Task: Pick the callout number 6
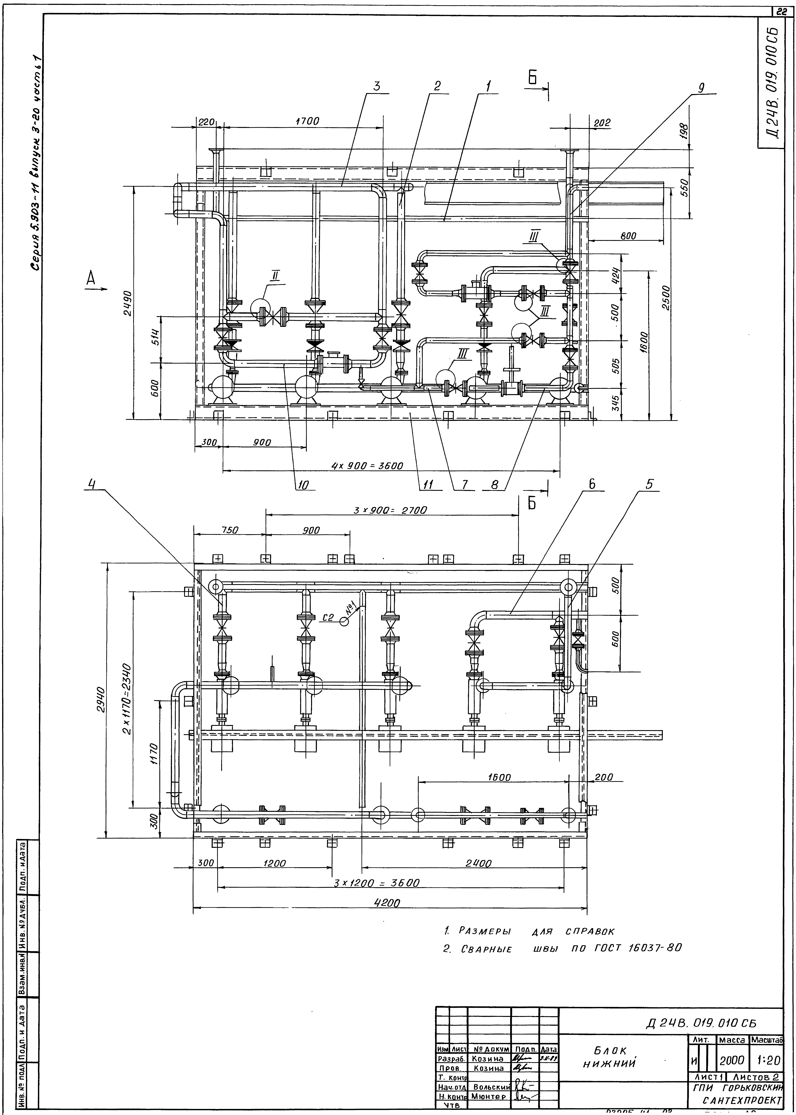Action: pyautogui.click(x=592, y=484)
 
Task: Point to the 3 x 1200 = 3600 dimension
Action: pyautogui.click(x=376, y=883)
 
